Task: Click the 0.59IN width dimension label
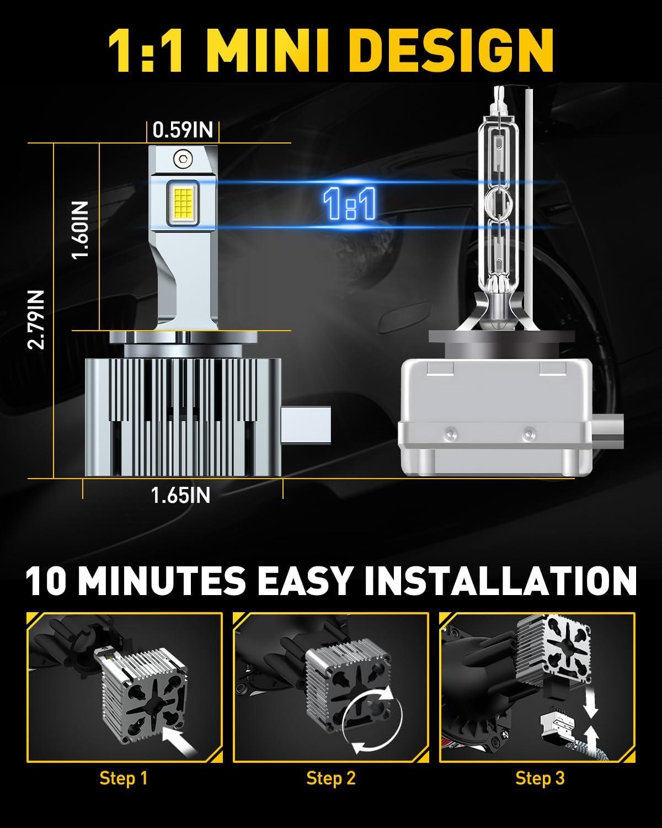pos(183,130)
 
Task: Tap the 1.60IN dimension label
pos(81,230)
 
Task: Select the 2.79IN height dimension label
pos(36,320)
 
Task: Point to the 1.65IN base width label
pos(181,495)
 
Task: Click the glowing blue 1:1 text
pos(349,204)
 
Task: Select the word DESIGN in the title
pos(453,50)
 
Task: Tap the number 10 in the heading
pos(46,581)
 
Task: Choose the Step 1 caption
pos(124,778)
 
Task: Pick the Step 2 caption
pos(331,778)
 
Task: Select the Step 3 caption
pos(540,778)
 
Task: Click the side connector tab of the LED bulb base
pos(306,425)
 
